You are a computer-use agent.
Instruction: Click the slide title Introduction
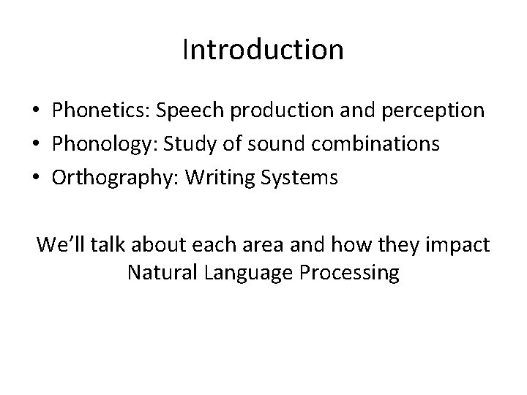(263, 50)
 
